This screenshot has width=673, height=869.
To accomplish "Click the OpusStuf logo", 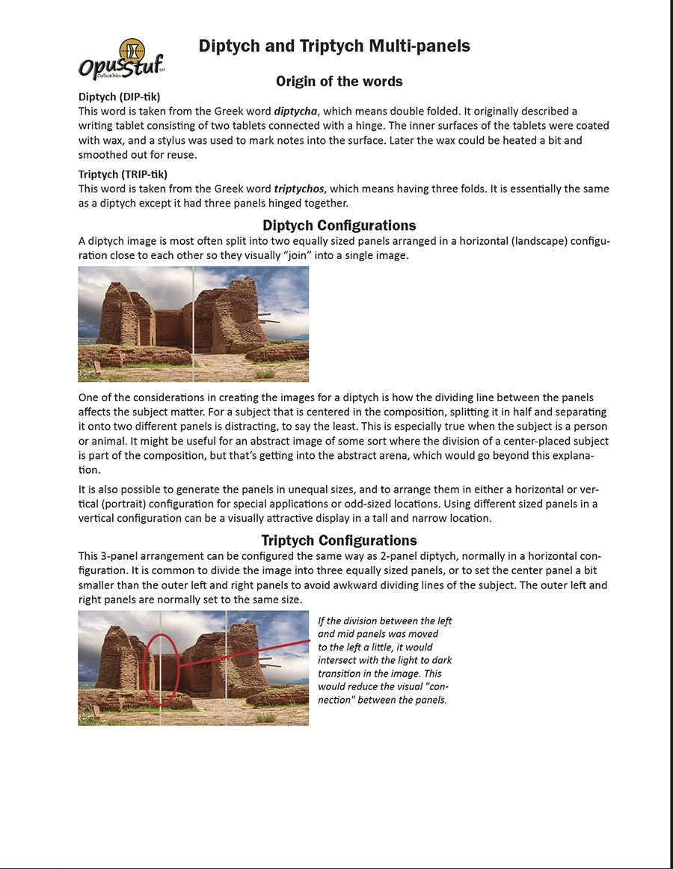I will (x=120, y=58).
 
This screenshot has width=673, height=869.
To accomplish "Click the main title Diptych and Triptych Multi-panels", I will (x=334, y=46).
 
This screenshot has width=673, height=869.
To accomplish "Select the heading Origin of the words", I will (x=339, y=81).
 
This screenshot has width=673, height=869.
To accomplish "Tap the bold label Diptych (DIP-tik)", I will (x=119, y=97).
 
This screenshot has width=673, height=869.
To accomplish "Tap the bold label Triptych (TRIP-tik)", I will (x=123, y=174).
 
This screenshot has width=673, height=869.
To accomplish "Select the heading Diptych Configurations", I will (x=339, y=225).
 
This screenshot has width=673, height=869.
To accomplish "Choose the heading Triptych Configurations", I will (x=339, y=540).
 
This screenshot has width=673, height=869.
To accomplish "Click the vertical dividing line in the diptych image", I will (x=194, y=324).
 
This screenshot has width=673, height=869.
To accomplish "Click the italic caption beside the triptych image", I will (x=384, y=660).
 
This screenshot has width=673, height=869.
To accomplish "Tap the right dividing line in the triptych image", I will (x=227, y=668).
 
